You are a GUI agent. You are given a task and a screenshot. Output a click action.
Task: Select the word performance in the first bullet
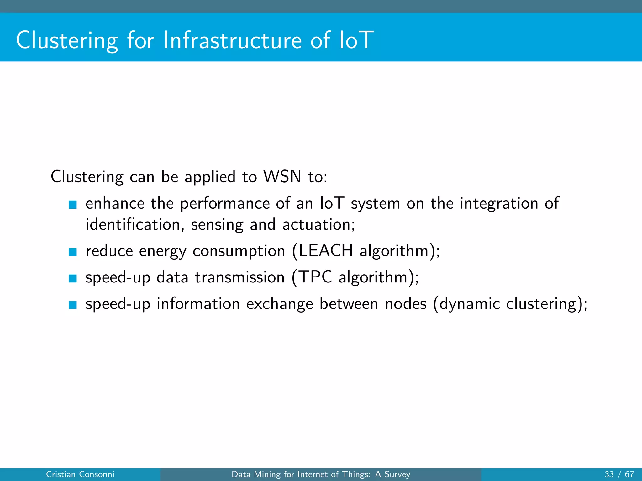[x=225, y=203]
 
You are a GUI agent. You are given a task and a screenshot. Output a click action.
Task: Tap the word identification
[x=133, y=225]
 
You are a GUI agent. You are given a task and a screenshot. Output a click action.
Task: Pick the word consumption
[x=239, y=251]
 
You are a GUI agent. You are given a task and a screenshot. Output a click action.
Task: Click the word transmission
[x=240, y=277]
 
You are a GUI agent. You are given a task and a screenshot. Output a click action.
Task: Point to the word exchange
[x=280, y=304]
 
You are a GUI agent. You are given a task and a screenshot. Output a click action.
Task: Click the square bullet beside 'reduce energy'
[x=73, y=252]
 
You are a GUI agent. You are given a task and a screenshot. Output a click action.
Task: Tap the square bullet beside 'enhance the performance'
[x=73, y=204]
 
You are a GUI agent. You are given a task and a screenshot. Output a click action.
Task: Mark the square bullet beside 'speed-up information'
[x=73, y=305]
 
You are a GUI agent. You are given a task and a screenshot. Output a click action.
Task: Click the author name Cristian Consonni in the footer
[x=80, y=474]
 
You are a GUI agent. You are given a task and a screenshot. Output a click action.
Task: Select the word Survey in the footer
[x=397, y=474]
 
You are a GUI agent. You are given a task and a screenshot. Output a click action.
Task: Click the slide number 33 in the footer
[x=609, y=474]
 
